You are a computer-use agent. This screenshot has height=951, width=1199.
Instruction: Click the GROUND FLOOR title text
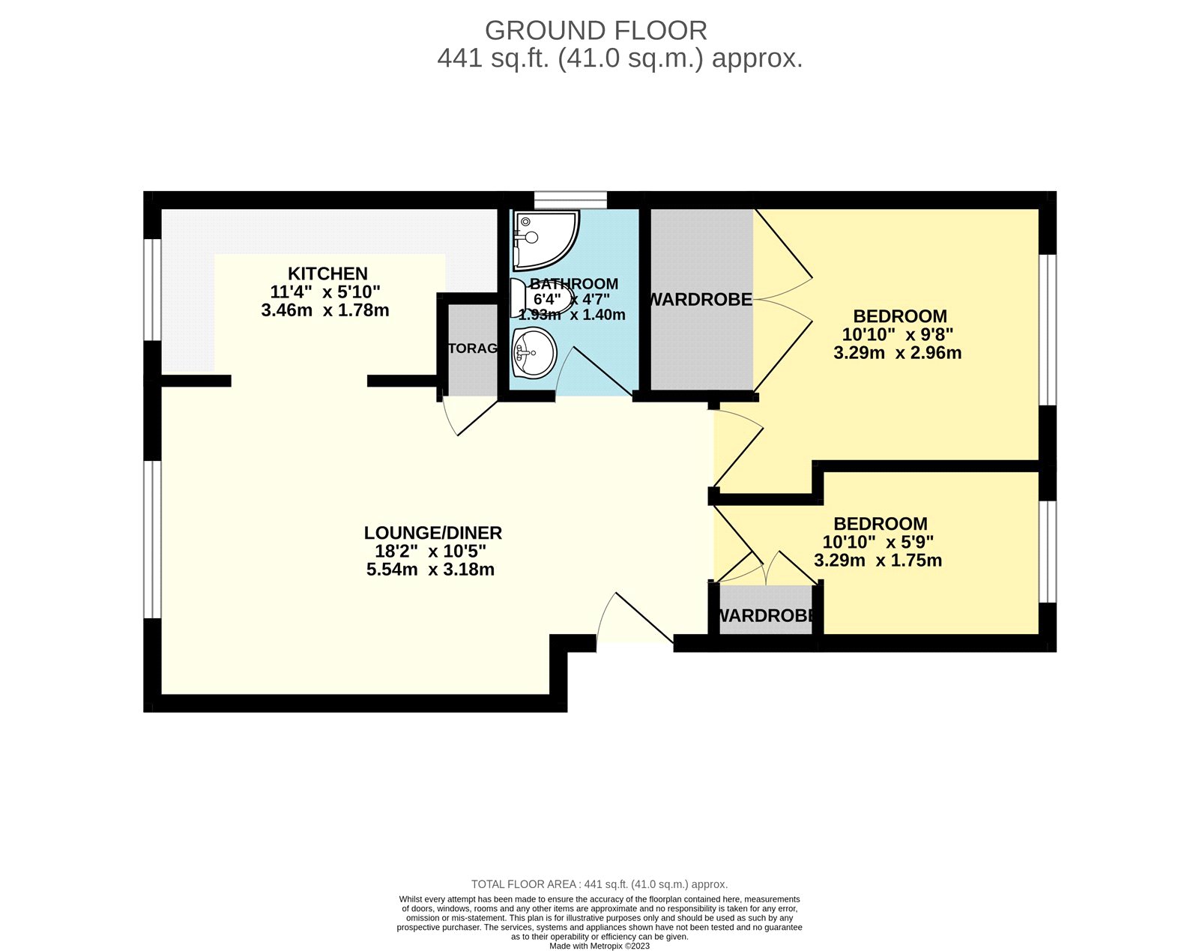596,31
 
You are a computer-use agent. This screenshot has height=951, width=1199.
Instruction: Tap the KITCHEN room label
327,274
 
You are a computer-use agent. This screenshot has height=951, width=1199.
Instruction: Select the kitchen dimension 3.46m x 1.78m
325,310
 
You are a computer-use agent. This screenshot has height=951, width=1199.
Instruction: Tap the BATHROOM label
574,283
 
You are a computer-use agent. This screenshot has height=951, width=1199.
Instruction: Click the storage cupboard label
472,348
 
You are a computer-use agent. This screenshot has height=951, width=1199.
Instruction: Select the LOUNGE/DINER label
432,533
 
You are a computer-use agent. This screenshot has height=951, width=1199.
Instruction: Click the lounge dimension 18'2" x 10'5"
430,552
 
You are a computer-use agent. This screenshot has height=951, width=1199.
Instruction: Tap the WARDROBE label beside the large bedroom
700,300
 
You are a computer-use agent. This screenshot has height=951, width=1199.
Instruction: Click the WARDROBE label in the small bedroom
765,616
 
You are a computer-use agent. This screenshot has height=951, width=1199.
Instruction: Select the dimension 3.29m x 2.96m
897,353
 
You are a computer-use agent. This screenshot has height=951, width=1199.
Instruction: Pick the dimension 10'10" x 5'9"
878,543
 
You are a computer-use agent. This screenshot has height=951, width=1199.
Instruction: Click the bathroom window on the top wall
570,199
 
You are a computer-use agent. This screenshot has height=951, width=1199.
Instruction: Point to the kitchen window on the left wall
152,289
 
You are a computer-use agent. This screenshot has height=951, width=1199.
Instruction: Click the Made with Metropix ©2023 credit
599,946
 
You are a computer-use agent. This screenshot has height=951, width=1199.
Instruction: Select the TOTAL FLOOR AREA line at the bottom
599,884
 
